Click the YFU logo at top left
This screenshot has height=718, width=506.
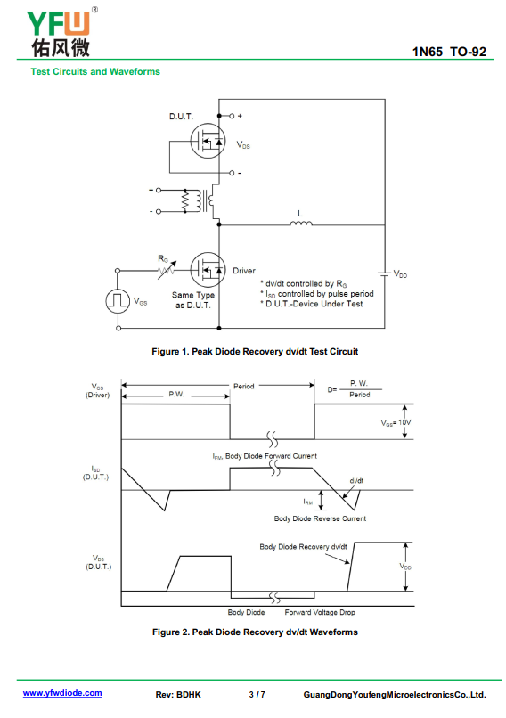point(61,32)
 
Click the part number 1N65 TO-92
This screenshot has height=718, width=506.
point(449,52)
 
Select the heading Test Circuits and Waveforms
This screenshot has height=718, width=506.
point(95,71)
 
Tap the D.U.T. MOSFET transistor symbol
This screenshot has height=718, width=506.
point(208,141)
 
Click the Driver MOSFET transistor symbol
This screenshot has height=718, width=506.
point(208,270)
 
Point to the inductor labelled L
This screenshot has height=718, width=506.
point(301,223)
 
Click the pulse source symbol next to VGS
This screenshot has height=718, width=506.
point(118,301)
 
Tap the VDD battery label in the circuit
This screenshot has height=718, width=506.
point(400,273)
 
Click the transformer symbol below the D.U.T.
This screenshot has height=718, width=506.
point(199,200)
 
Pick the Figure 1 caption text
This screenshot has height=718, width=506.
point(255,351)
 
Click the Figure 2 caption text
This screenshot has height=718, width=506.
point(255,632)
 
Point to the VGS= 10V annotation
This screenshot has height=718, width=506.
point(396,422)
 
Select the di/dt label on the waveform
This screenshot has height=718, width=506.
point(356,480)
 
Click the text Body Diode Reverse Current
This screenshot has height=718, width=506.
point(320,518)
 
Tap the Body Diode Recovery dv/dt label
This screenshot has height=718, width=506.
point(303,546)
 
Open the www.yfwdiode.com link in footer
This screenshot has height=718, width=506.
point(62,693)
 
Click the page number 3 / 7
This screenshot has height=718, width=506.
point(257,695)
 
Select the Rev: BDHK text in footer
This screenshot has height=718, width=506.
point(178,695)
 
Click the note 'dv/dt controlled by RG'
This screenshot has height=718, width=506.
point(304,284)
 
